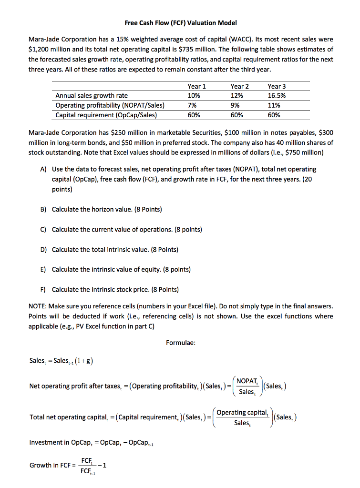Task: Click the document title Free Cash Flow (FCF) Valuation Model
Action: point(180,23)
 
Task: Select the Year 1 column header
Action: point(197,86)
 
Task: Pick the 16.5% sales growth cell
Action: point(277,96)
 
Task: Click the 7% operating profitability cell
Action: point(193,105)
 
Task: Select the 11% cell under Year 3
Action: point(274,105)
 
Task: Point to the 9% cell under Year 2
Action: point(235,105)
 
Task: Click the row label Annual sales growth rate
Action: point(92,96)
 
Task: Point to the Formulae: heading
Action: point(180,342)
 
